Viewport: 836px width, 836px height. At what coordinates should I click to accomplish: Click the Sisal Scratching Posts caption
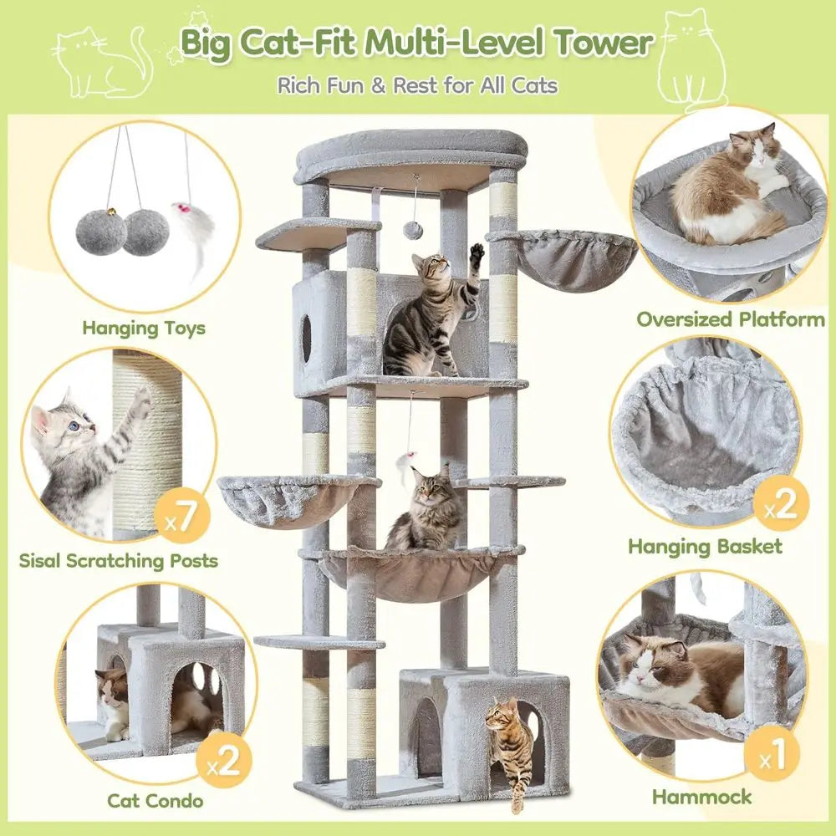pyautogui.click(x=119, y=559)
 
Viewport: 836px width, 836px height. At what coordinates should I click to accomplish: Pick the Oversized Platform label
pyautogui.click(x=731, y=319)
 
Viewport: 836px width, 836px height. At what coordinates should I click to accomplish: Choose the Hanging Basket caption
pyautogui.click(x=706, y=547)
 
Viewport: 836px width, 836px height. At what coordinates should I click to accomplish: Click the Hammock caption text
pyautogui.click(x=702, y=797)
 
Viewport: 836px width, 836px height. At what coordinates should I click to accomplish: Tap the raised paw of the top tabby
pyautogui.click(x=477, y=252)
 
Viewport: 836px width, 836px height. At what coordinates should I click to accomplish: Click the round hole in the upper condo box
pyautogui.click(x=306, y=339)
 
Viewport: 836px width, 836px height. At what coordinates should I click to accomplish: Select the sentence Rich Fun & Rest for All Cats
pyautogui.click(x=418, y=84)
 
